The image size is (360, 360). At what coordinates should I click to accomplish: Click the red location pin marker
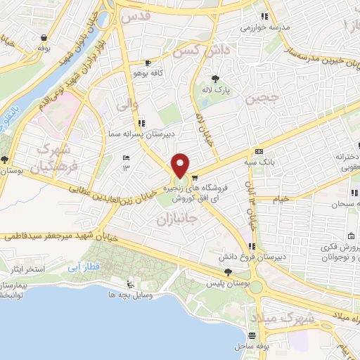(x=180, y=166)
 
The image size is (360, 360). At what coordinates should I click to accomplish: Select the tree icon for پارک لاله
(x=215, y=79)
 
